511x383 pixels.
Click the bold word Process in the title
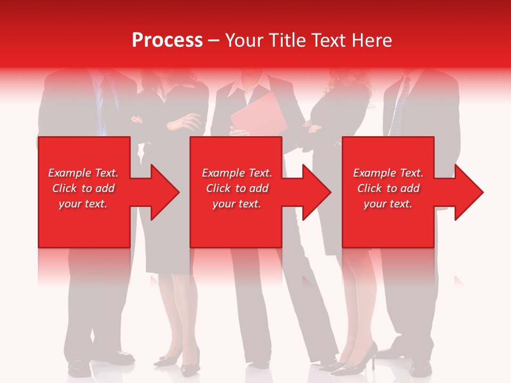[167, 40]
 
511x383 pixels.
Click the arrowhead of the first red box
[164, 192]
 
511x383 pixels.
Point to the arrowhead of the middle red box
[316, 192]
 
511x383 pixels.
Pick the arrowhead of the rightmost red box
[468, 192]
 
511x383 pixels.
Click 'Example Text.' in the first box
[83, 173]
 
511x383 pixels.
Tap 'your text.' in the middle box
[236, 204]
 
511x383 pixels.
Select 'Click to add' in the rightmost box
[389, 188]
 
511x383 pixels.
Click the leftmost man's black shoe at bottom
[80, 366]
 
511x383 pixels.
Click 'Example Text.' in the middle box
[237, 173]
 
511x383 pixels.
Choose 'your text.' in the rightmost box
[388, 204]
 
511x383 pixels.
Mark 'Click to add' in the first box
[83, 188]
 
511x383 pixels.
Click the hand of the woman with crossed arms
[186, 122]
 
